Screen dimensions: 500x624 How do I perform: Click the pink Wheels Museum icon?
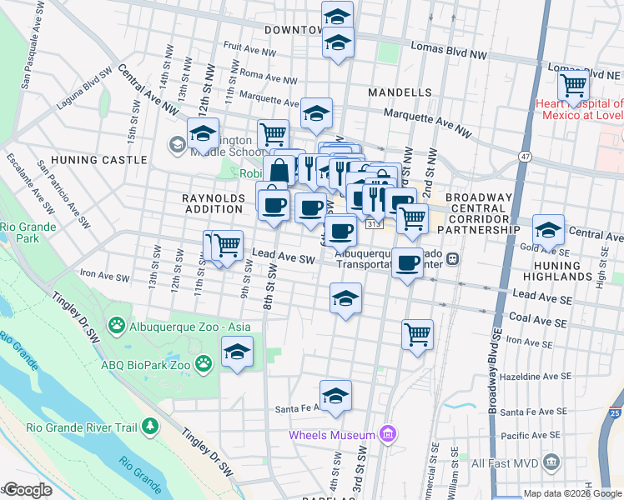click(386, 434)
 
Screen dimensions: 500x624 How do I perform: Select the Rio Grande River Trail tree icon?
click(150, 427)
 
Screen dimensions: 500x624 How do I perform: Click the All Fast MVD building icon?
click(551, 462)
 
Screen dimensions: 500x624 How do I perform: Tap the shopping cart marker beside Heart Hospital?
click(573, 84)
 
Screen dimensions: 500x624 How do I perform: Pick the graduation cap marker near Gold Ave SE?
click(547, 230)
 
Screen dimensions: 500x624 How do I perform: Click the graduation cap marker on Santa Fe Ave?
click(335, 396)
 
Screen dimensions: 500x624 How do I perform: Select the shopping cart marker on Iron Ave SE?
click(417, 335)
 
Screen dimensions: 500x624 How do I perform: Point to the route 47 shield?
click(525, 156)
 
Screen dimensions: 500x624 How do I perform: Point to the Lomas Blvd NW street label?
click(454, 53)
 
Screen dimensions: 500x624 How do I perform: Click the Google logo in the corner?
click(27, 490)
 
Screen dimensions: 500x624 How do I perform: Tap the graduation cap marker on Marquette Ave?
click(316, 114)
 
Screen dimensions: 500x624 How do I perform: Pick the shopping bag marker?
click(282, 170)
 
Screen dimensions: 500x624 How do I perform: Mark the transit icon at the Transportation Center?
click(452, 258)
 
